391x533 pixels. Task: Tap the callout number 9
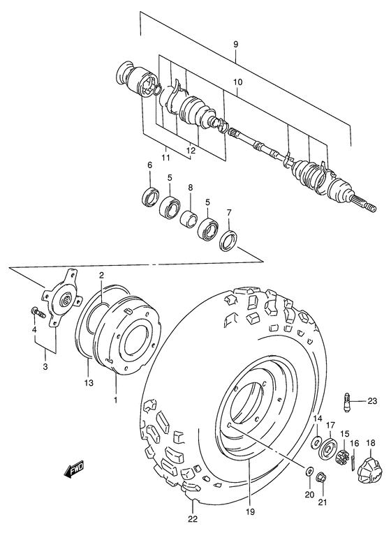click(237, 45)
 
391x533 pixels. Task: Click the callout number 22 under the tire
click(192, 517)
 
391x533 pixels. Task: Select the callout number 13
click(88, 382)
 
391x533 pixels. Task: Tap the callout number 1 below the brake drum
click(116, 401)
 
